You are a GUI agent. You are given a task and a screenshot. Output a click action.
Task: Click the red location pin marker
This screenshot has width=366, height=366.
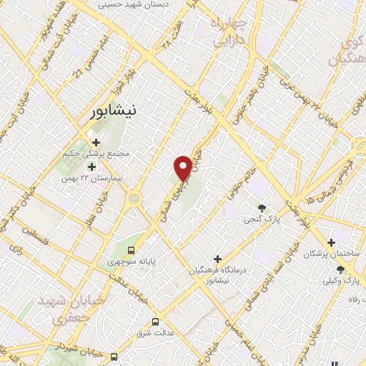coord(183,168)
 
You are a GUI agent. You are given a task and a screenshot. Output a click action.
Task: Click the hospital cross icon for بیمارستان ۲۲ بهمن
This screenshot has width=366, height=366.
coord(91,167)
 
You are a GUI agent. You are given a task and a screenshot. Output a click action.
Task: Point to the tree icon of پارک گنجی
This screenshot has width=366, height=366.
coord(262,208)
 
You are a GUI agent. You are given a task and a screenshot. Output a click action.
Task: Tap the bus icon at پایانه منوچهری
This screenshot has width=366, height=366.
coord(131,250)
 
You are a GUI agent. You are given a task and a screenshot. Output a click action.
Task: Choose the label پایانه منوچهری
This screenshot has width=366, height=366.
coord(132,262)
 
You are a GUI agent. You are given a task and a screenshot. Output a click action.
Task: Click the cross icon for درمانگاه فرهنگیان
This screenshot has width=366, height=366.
coord(218,258)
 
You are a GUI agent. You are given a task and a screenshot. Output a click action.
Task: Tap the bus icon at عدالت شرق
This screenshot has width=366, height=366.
coord(156,322)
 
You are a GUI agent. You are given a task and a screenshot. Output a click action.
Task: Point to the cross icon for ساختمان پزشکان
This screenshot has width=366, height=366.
coord(330,243)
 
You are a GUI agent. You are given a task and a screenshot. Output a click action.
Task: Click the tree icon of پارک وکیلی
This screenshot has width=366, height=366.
coord(340,269)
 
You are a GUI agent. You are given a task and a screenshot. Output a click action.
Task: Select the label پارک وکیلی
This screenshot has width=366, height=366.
coord(339,280)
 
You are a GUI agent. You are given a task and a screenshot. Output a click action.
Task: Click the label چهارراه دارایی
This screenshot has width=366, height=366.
coord(230,32)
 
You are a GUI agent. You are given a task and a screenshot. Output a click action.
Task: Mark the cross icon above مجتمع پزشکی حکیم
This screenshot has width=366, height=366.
coord(96,142)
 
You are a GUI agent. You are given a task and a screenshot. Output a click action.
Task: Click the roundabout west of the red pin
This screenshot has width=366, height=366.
coord(133,198)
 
